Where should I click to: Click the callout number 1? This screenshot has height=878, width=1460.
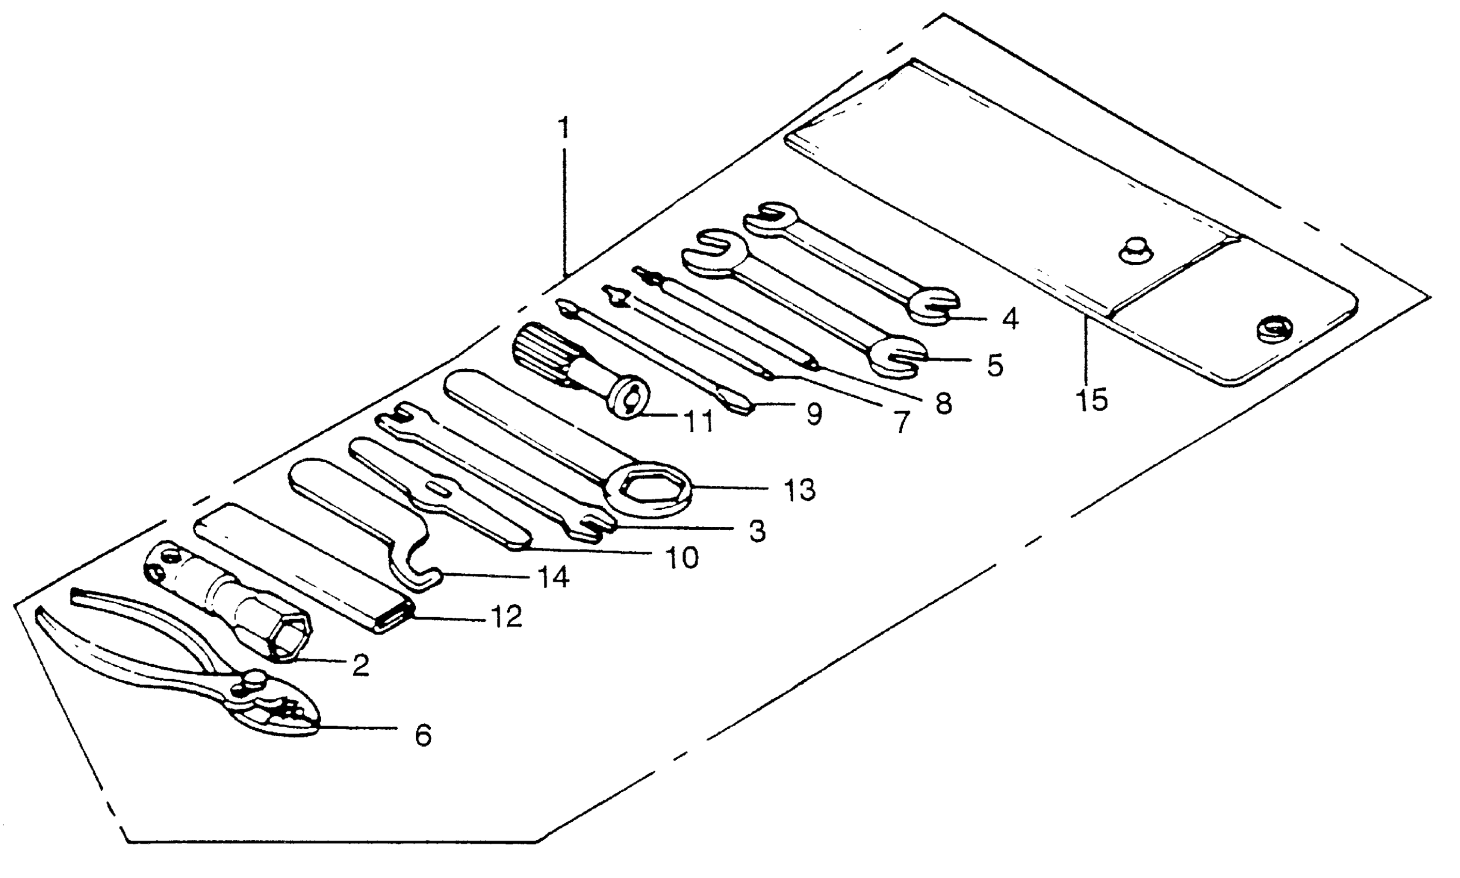[564, 127]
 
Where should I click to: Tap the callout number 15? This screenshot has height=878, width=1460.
[1091, 401]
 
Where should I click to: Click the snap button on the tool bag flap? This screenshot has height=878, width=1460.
[1136, 251]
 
